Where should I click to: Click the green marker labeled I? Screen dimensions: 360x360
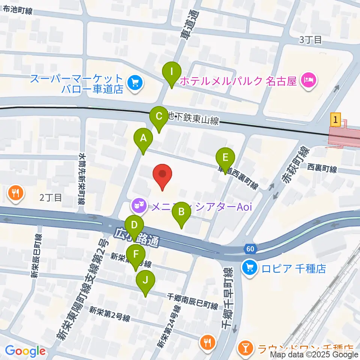click(172, 71)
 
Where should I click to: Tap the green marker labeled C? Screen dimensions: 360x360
click(159, 116)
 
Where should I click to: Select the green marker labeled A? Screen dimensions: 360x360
click(143, 138)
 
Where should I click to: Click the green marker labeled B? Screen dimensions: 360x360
click(181, 212)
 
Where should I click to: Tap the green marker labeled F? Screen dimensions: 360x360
click(135, 254)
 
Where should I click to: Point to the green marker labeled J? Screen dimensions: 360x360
click(146, 280)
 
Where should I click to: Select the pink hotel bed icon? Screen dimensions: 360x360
click(308, 80)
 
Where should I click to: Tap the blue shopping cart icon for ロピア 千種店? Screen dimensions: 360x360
click(249, 268)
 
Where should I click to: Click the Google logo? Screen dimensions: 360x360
click(25, 351)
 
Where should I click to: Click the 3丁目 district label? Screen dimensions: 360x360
click(310, 40)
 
